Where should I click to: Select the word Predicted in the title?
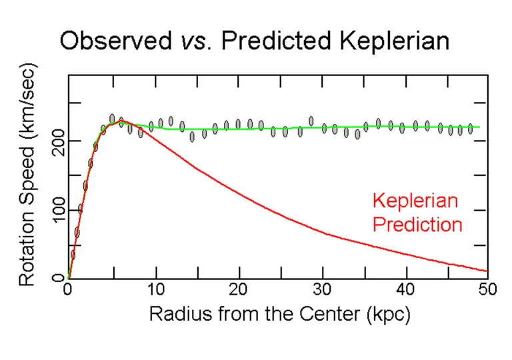click(x=268, y=41)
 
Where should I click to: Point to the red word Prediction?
click(x=417, y=224)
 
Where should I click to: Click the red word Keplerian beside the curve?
click(x=416, y=201)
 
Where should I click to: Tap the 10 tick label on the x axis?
click(x=154, y=291)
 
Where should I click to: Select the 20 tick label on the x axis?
click(x=238, y=291)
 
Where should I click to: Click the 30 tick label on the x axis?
click(x=322, y=291)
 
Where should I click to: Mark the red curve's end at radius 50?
click(x=487, y=271)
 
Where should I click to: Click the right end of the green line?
click(x=479, y=127)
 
